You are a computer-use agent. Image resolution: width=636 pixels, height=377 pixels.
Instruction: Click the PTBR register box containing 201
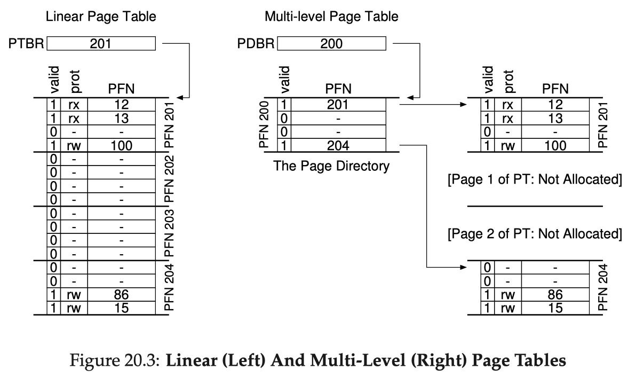click(101, 43)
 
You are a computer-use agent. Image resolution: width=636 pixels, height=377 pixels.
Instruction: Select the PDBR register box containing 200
click(331, 43)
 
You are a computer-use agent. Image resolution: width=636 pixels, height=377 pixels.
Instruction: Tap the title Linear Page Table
click(101, 17)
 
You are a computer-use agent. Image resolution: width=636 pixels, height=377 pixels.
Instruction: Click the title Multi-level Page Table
click(331, 17)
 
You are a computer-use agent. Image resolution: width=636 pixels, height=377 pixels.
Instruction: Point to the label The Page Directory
click(331, 166)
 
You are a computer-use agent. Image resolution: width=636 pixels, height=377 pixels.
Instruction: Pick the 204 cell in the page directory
click(338, 145)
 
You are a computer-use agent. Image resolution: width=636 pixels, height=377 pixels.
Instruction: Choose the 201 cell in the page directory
click(338, 105)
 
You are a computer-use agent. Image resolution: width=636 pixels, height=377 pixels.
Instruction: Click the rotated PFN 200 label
click(264, 124)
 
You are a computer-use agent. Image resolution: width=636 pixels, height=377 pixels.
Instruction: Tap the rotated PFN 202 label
click(169, 179)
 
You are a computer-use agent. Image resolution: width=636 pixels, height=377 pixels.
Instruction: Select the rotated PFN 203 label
click(169, 233)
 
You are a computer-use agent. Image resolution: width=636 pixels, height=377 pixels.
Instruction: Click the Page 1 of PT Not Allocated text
click(535, 179)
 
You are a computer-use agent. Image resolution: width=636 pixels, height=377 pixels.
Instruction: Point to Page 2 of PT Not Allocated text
click(535, 234)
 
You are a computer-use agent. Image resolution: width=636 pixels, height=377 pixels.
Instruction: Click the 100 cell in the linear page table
click(121, 145)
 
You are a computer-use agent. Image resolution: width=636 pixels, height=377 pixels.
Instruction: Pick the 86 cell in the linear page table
click(121, 295)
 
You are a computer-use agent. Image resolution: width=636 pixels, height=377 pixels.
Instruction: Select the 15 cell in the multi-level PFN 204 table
click(555, 308)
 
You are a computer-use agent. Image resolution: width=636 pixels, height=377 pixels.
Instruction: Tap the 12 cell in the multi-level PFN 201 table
click(555, 105)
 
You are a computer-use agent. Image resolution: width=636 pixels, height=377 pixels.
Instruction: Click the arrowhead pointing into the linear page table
click(180, 97)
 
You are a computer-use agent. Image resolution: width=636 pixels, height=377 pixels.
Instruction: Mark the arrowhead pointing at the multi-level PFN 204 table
click(464, 267)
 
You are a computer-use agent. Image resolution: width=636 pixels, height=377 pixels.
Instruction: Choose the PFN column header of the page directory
click(338, 89)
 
